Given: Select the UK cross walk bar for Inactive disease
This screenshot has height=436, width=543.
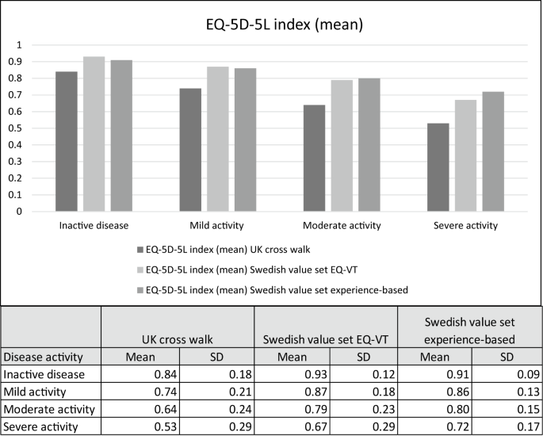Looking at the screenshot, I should click(66, 141).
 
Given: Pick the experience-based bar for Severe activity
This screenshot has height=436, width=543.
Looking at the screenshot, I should click(493, 151).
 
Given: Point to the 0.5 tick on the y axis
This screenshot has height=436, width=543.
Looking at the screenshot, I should click(33, 128).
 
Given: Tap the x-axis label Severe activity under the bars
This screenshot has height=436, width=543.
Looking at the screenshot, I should click(466, 226).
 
